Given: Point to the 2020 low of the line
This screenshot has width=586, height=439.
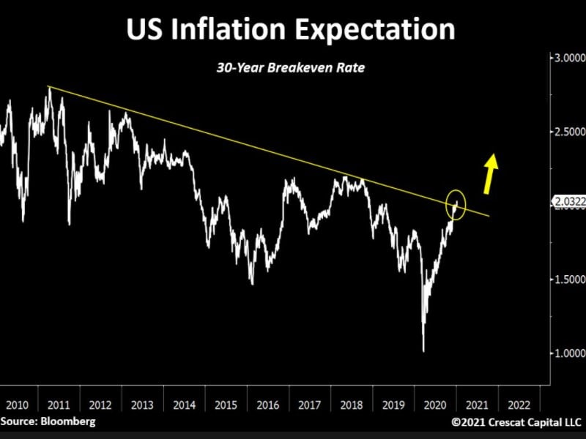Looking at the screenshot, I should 423,350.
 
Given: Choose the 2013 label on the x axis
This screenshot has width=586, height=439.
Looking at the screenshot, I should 141,404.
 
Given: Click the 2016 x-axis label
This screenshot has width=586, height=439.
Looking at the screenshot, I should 267,404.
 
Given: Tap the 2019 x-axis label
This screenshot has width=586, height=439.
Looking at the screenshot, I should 393,404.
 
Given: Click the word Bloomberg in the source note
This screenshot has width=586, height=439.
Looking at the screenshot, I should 70,421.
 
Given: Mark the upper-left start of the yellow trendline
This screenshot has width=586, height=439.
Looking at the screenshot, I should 48,87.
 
